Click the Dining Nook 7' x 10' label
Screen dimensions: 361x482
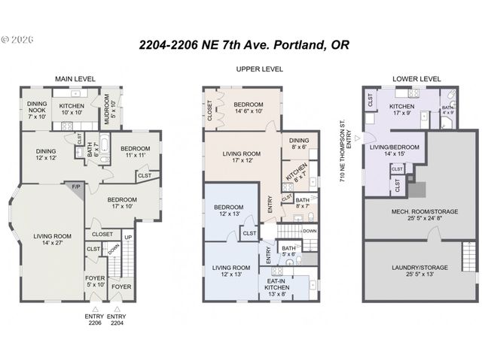point(37,110)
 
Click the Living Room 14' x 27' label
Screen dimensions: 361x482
point(52,240)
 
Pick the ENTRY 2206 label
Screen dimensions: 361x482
point(94,319)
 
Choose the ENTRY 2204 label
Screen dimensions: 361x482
point(118,319)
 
